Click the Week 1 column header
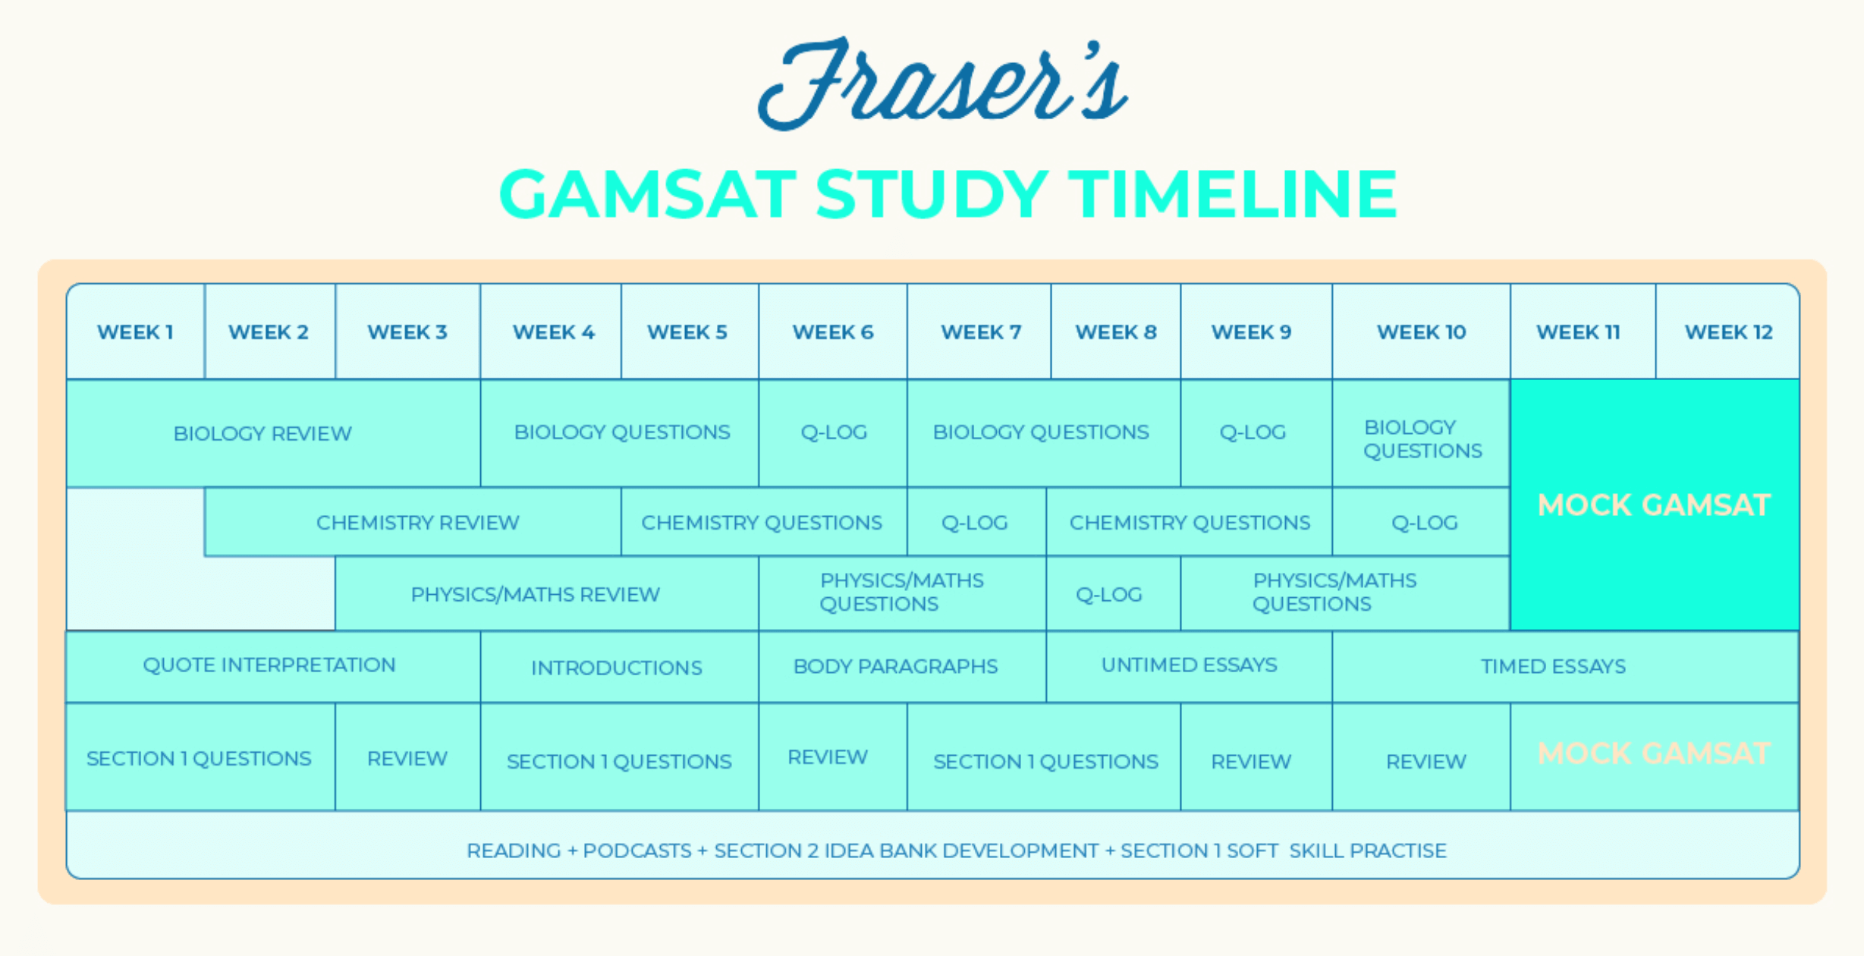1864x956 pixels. coord(135,332)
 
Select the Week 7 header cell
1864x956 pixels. coord(980,332)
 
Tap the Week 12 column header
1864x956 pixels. coord(1728,332)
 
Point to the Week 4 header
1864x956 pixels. coord(553,332)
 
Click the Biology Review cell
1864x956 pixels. coord(262,433)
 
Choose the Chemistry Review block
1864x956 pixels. coord(417,523)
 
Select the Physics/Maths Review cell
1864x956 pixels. coord(535,594)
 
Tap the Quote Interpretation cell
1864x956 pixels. coord(269,665)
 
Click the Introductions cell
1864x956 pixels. coord(616,668)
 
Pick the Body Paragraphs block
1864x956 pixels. coord(895,666)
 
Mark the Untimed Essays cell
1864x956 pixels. coord(1189,665)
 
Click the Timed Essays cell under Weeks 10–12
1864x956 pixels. coord(1553,666)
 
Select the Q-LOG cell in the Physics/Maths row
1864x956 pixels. coord(1108,594)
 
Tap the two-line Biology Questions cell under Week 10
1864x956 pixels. coord(1422,439)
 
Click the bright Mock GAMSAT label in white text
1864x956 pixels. coord(1654,505)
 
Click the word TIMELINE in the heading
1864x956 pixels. coord(1232,194)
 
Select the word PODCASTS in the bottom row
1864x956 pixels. coord(637,851)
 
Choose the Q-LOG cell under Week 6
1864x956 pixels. coord(833,432)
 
